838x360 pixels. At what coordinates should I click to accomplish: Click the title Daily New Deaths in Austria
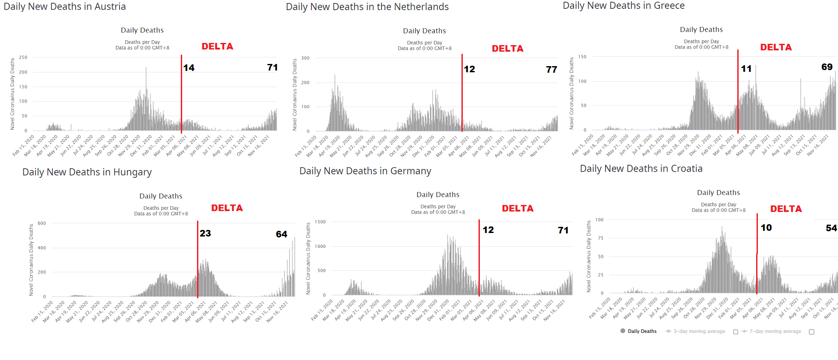click(65, 7)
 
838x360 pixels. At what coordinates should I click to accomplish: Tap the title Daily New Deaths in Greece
click(623, 6)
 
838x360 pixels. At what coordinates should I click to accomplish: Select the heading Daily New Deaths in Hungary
click(87, 172)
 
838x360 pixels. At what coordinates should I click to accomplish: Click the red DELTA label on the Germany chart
click(518, 208)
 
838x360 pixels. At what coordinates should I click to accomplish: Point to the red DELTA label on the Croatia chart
click(786, 209)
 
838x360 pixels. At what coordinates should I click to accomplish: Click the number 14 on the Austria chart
click(189, 68)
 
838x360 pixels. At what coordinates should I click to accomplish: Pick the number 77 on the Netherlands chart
click(552, 70)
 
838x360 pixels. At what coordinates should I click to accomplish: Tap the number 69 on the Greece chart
click(827, 67)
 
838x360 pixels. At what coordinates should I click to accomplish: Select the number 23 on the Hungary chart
click(205, 233)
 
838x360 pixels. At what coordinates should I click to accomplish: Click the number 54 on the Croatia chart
click(831, 228)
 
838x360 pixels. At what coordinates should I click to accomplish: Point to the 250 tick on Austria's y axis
click(23, 57)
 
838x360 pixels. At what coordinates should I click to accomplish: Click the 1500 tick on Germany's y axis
click(320, 222)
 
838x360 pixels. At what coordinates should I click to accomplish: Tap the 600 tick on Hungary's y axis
click(42, 223)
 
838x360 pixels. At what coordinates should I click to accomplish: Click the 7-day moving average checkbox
click(811, 332)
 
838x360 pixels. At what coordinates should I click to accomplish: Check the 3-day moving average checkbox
click(736, 332)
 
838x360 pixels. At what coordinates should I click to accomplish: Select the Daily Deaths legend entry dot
click(623, 331)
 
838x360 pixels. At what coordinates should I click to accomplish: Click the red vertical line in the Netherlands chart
click(462, 92)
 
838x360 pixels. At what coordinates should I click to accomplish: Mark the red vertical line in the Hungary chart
click(197, 258)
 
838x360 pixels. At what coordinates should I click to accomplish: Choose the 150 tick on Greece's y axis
click(582, 57)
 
